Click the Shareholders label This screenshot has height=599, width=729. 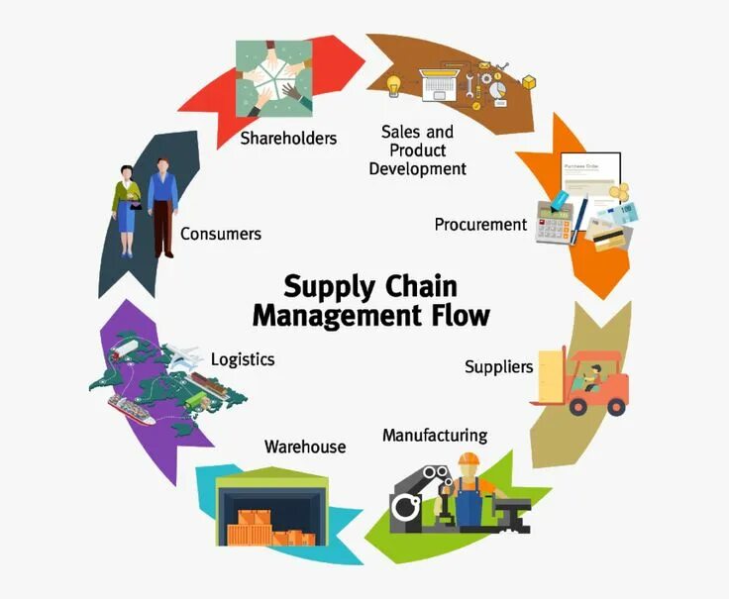click(x=288, y=138)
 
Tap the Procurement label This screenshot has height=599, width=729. click(x=480, y=225)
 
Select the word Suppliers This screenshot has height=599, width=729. click(x=498, y=367)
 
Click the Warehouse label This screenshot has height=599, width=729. click(x=305, y=447)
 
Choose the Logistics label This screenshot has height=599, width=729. click(x=243, y=358)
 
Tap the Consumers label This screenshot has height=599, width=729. click(x=220, y=235)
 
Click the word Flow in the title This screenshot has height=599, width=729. click(x=454, y=316)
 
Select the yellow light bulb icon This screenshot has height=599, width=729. click(x=393, y=86)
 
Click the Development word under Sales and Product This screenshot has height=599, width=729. click(x=417, y=168)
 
